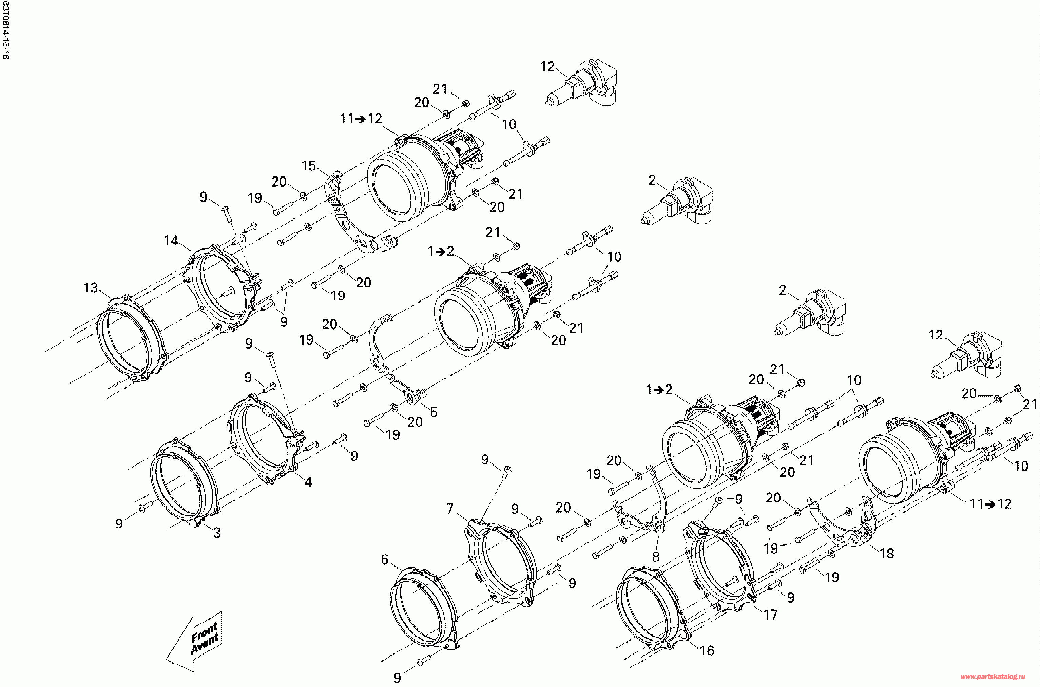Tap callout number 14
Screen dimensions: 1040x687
(171, 241)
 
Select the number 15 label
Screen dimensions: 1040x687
(308, 166)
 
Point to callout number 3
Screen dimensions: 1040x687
(217, 533)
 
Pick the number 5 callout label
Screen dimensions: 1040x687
(434, 412)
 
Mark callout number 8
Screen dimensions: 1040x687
(656, 557)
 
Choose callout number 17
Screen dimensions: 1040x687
(770, 615)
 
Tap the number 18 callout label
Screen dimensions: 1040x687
(886, 554)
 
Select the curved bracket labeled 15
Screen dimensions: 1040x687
(351, 219)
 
